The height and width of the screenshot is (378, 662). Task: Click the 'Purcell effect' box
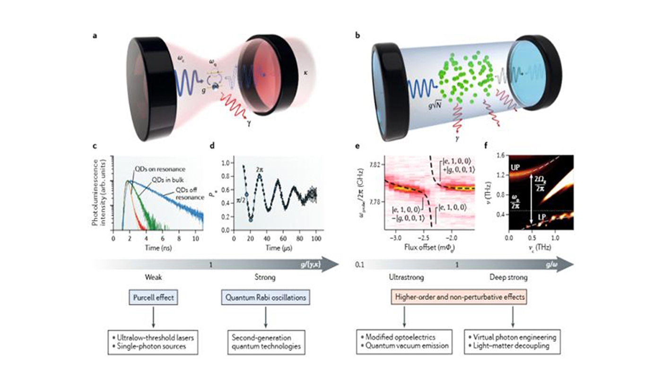point(153,298)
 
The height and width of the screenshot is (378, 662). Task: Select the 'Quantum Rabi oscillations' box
point(265,298)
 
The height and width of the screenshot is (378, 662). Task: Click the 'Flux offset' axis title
point(427,246)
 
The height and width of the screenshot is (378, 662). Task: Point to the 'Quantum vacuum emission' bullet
point(405,347)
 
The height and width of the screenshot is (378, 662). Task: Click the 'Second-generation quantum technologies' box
point(266,342)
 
